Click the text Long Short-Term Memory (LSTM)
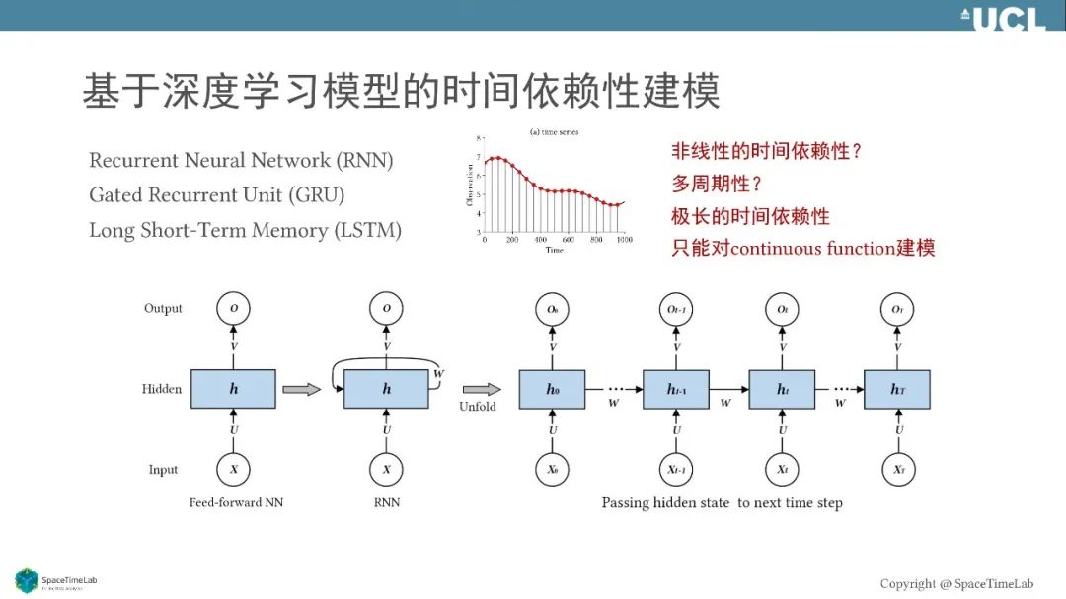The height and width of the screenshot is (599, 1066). point(245,230)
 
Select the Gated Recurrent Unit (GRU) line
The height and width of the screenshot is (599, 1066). point(216,195)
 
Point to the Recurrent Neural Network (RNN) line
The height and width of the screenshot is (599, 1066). point(241,160)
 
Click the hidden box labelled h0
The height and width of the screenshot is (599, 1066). point(552,389)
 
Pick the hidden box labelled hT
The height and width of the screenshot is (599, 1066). point(897,389)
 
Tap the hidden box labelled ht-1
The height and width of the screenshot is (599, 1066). point(676,389)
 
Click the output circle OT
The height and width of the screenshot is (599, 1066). point(897,309)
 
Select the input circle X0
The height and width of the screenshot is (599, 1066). point(552,470)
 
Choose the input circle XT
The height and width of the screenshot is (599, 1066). point(897,470)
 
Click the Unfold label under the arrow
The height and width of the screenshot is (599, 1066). point(478,406)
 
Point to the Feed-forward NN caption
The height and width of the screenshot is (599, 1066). point(237,503)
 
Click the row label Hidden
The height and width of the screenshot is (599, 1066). point(162,389)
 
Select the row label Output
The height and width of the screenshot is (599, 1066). point(163,309)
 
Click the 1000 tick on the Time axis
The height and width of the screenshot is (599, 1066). point(622,241)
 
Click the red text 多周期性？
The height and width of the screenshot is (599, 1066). point(718,184)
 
